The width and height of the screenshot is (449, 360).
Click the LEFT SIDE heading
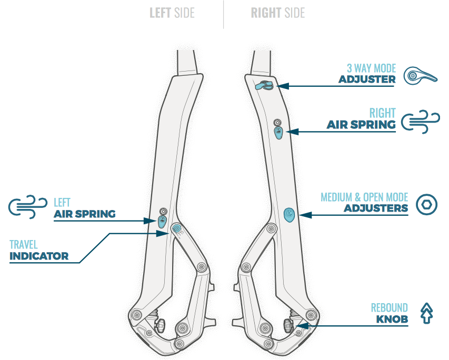pyautogui.click(x=172, y=13)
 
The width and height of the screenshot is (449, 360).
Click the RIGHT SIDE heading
pyautogui.click(x=277, y=13)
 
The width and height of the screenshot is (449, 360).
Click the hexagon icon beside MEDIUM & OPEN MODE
pyautogui.click(x=427, y=205)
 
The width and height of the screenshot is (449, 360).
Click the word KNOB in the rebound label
pyautogui.click(x=392, y=319)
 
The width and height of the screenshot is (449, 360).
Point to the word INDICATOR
pyautogui.click(x=39, y=256)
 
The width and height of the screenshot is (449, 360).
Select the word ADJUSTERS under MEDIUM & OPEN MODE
pyautogui.click(x=376, y=208)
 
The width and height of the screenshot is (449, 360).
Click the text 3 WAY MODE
pyautogui.click(x=371, y=68)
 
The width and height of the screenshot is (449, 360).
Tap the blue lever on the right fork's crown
pyautogui.click(x=263, y=86)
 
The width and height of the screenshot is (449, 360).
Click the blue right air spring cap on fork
pyautogui.click(x=278, y=132)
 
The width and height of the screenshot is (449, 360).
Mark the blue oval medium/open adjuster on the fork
pyautogui.click(x=289, y=214)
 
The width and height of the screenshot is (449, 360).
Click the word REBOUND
pyautogui.click(x=389, y=308)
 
